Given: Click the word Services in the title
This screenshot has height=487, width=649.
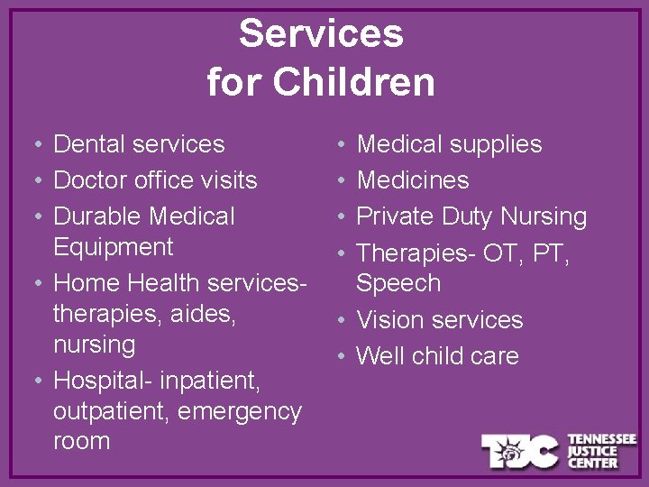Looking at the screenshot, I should [321, 34].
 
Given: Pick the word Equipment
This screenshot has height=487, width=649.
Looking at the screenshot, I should [114, 247].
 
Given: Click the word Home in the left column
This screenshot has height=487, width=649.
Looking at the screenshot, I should [87, 283].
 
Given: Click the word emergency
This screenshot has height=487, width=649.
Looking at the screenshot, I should [240, 412].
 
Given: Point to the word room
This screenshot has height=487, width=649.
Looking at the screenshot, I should [81, 442].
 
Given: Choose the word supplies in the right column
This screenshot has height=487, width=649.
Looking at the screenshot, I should [496, 144].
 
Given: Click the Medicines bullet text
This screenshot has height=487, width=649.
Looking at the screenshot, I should [413, 180].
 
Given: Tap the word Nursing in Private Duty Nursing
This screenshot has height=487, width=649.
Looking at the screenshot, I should [544, 216].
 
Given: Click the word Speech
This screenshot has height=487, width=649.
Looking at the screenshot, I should [398, 283].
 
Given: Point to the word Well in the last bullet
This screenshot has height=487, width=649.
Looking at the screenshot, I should [378, 356].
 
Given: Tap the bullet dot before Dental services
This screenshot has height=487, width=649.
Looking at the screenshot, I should [32, 145].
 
